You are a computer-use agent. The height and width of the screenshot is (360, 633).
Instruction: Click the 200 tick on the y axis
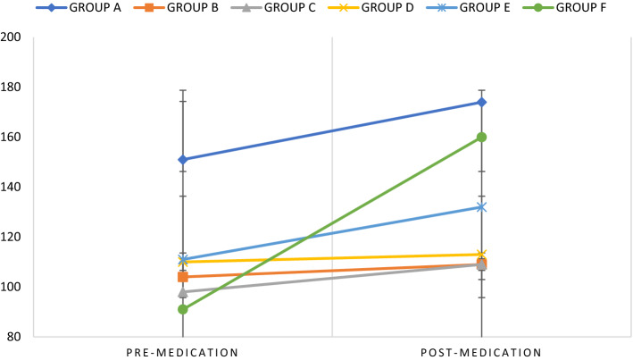15,38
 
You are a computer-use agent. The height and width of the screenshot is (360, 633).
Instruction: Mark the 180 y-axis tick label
15,88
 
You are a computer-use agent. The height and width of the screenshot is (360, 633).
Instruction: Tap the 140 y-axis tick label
15,187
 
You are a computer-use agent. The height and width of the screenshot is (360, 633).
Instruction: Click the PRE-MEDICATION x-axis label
183,351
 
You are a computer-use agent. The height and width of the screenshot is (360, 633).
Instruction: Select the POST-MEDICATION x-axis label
482,351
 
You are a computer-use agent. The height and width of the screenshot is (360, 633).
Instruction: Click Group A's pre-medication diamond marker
183,160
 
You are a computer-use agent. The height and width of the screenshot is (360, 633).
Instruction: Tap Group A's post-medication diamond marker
482,102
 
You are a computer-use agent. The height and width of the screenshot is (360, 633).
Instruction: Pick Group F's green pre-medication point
183,309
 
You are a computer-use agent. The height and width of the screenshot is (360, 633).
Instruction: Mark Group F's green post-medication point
482,137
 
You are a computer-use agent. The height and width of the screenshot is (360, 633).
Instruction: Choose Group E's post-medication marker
482,207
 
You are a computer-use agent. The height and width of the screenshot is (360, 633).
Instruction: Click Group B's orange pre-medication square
183,277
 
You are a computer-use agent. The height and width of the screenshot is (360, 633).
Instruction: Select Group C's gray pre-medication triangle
183,291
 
